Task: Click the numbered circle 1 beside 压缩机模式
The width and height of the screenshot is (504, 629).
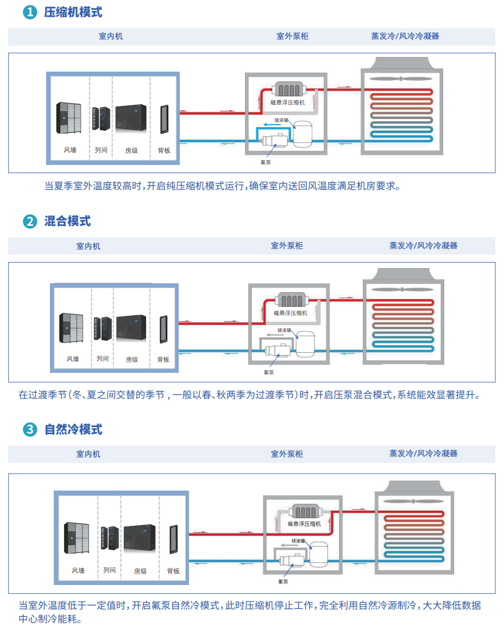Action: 30,12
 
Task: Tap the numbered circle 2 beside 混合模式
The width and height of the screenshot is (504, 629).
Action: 30,221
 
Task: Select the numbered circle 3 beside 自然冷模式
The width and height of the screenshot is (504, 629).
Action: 30,430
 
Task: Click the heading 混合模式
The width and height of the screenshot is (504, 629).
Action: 67,221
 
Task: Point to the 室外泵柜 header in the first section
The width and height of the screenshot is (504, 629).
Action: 292,36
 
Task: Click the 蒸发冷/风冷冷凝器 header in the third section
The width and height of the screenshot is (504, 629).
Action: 423,453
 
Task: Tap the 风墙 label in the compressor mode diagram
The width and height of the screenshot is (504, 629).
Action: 70,150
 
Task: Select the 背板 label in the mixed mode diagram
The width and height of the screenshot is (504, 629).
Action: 163,359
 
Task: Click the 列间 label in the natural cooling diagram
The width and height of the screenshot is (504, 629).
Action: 109,570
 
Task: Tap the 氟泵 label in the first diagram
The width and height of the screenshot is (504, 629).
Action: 266,161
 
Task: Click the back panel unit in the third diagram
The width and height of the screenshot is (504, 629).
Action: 173,539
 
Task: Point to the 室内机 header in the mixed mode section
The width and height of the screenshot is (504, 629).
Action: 88,246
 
